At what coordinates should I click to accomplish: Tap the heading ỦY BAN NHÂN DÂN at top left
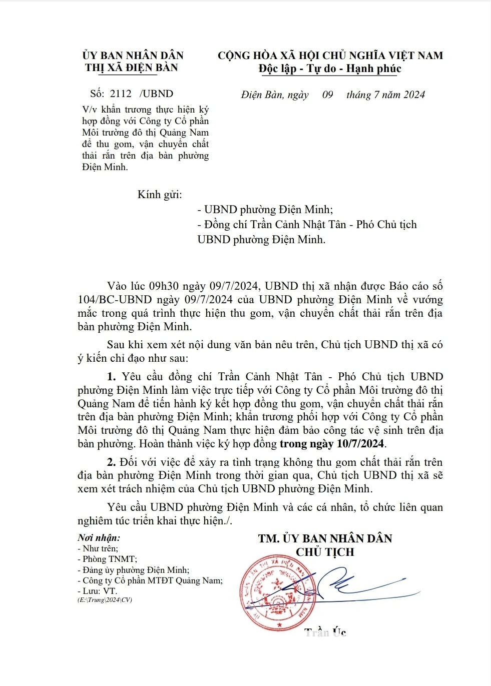tap(133, 55)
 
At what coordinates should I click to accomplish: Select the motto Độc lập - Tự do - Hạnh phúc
tap(330, 68)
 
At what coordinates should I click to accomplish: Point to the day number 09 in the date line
tap(327, 94)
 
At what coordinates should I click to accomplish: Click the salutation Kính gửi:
tap(160, 194)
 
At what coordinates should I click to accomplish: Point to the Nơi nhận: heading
tap(99, 538)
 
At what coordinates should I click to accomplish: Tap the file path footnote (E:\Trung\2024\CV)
tap(105, 599)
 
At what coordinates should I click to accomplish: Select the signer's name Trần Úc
tap(325, 632)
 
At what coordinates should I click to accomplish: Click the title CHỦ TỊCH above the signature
tap(325, 552)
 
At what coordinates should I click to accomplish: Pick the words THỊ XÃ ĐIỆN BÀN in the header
tap(132, 68)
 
